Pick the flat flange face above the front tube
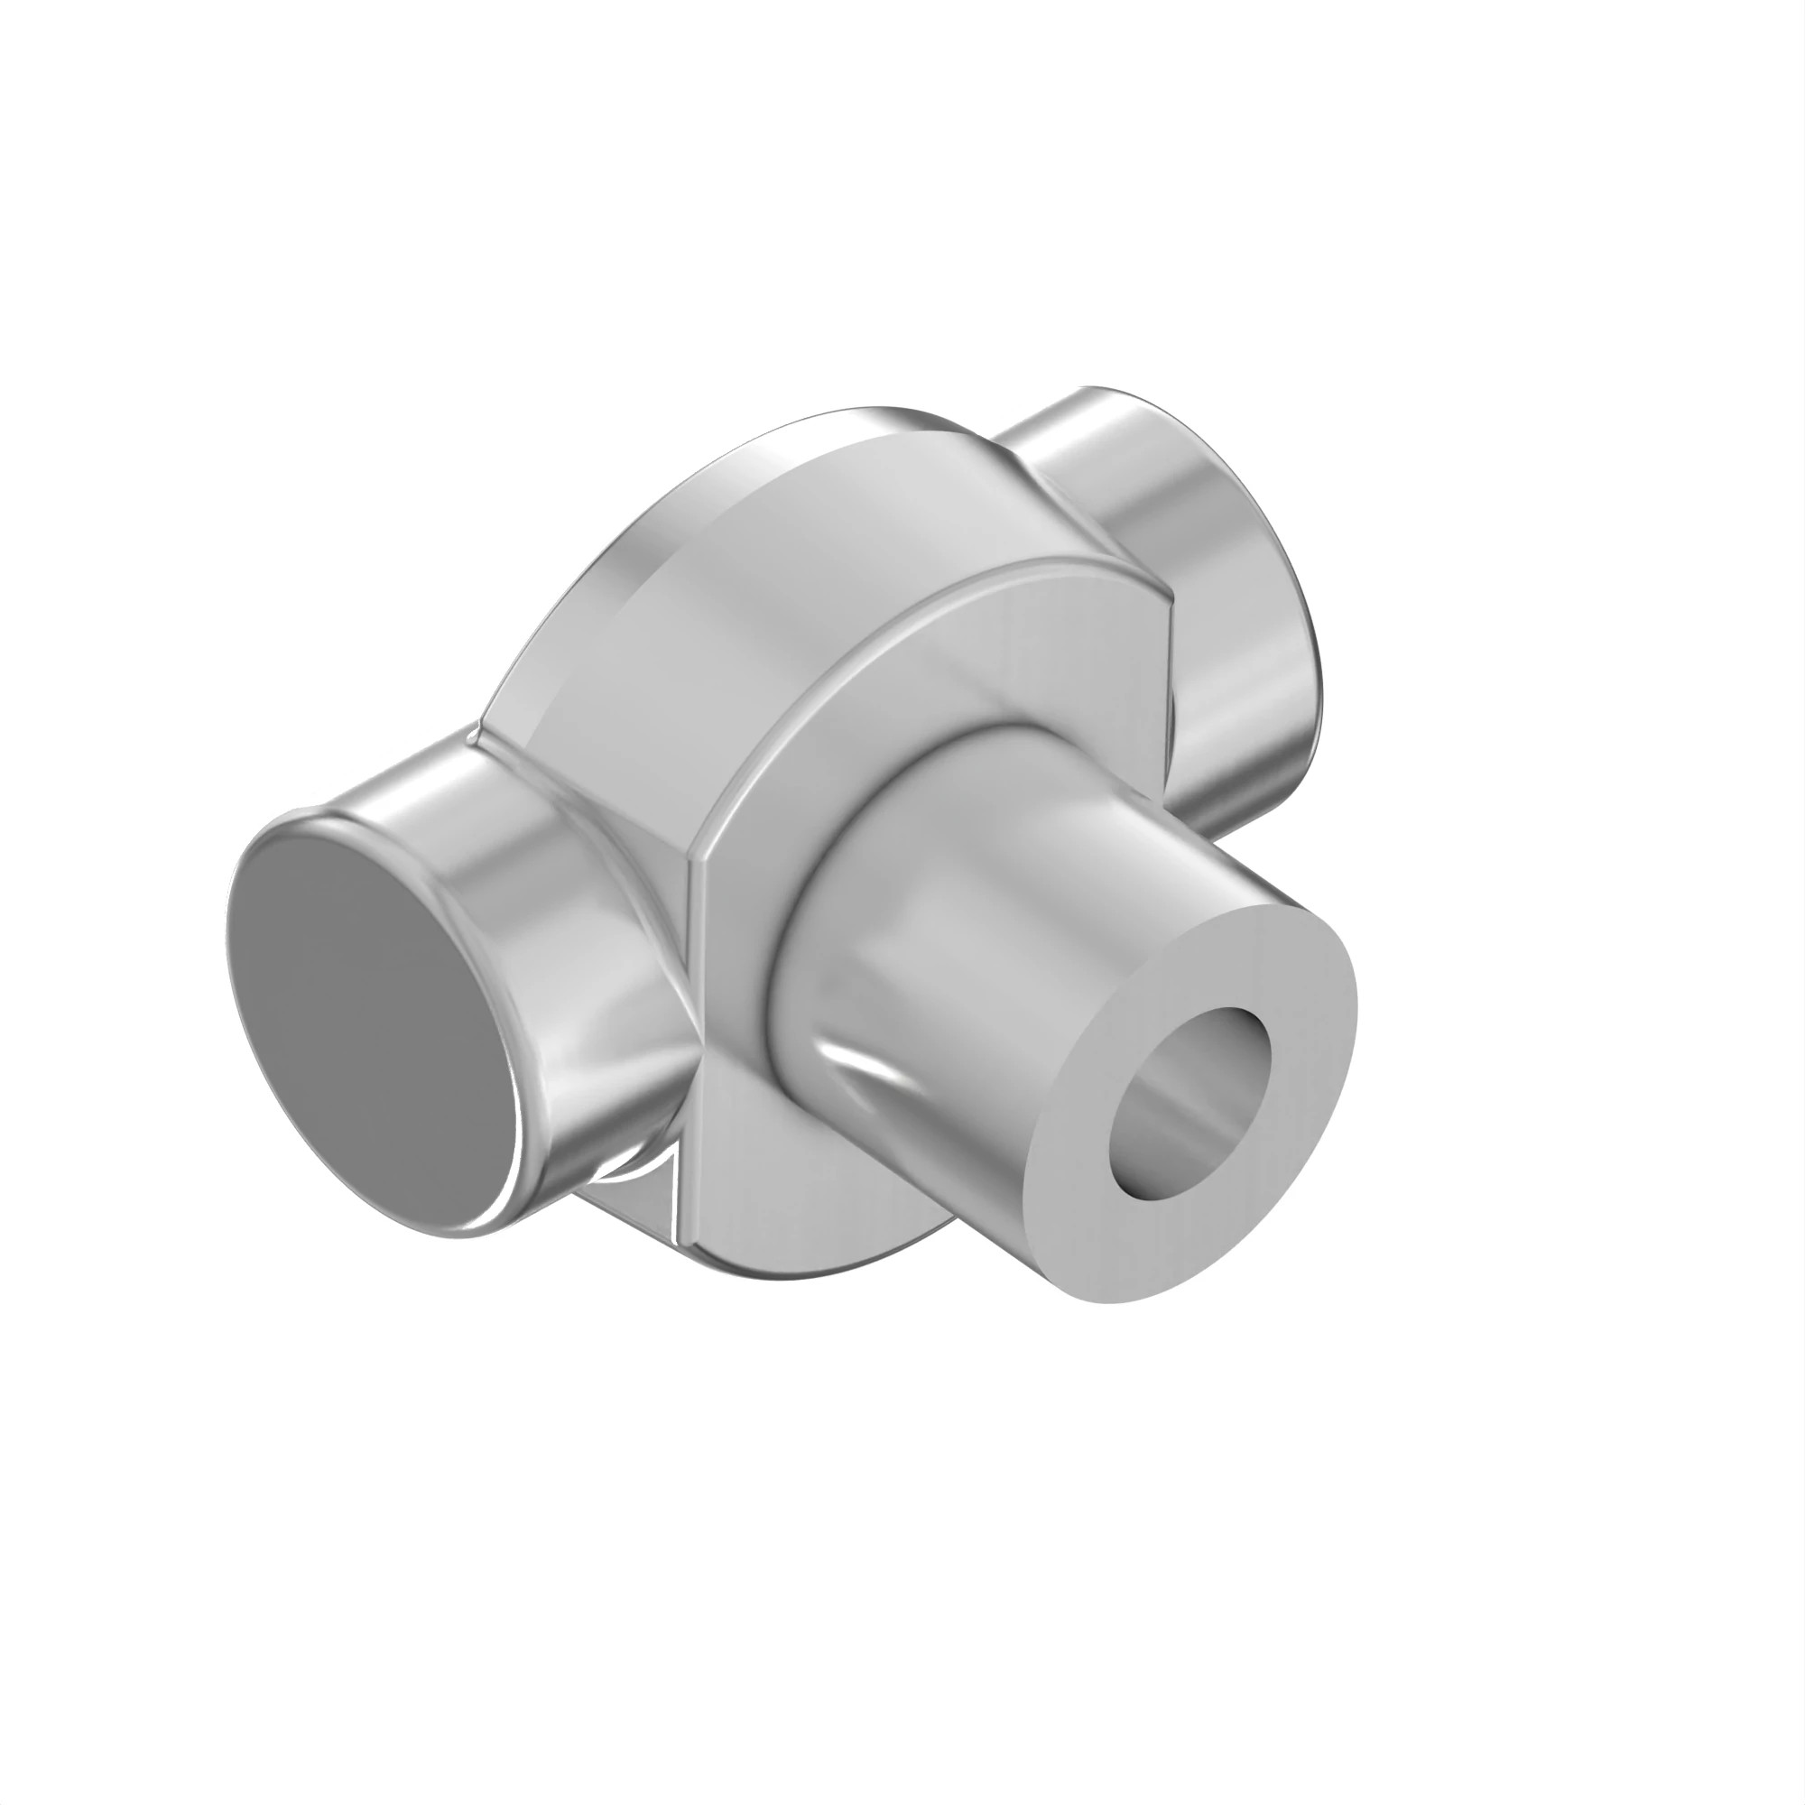(x=981, y=672)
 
